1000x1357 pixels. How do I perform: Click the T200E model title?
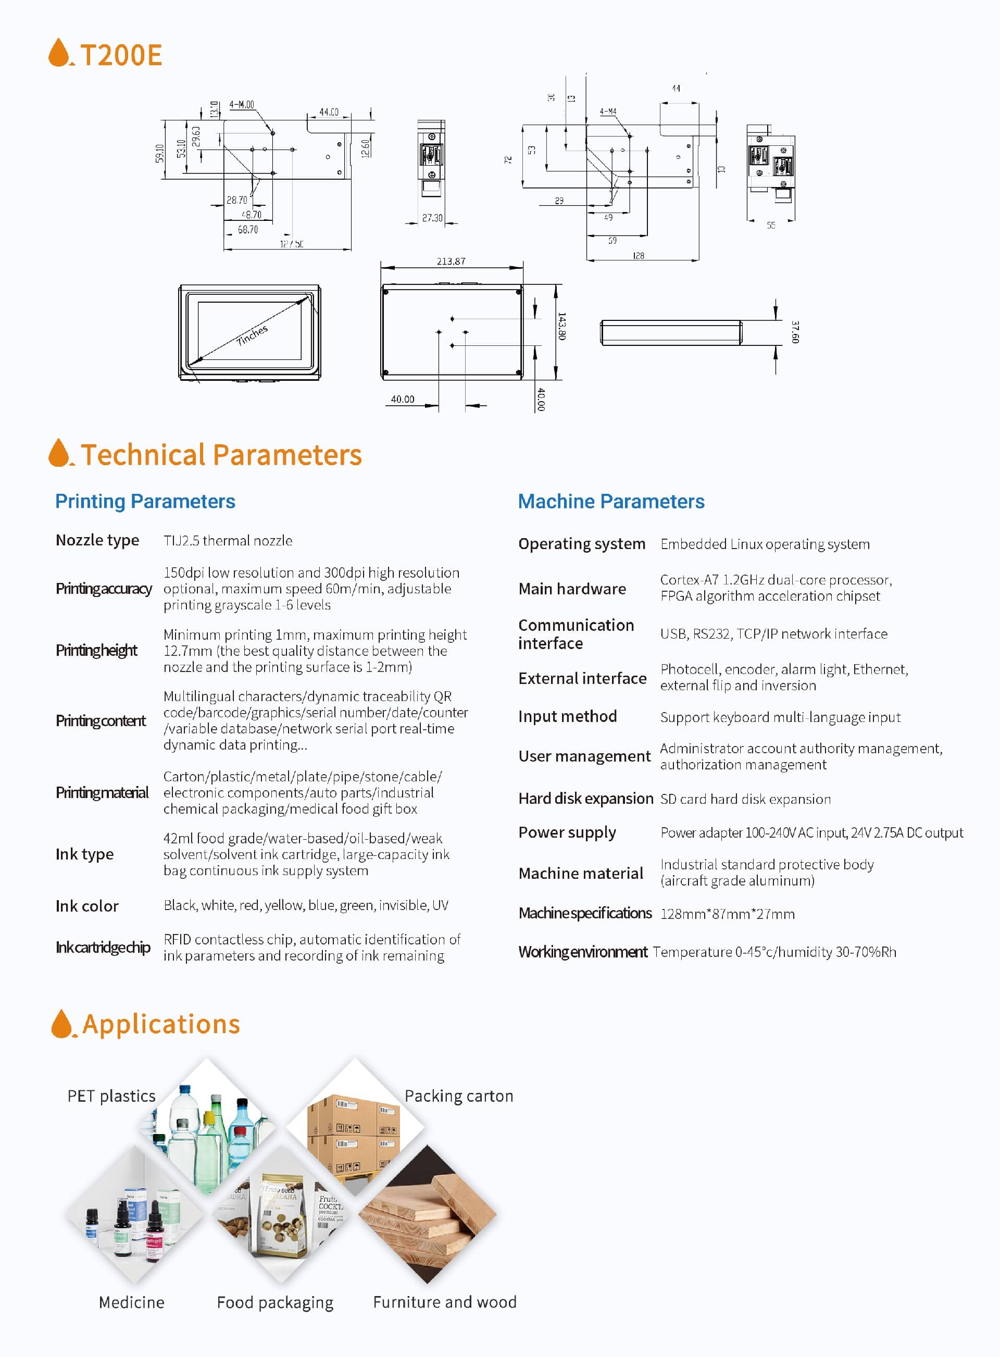(x=120, y=55)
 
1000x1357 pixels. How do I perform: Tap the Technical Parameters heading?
(x=221, y=455)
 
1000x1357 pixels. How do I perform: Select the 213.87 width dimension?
(x=451, y=261)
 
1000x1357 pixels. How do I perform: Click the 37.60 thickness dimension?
(x=795, y=332)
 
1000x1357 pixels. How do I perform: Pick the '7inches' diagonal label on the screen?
(x=252, y=335)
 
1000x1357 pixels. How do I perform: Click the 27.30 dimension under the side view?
(x=432, y=218)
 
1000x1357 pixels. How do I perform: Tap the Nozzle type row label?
(x=97, y=540)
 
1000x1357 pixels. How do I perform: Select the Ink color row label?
(x=87, y=906)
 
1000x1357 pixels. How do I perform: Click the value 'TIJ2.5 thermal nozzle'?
(x=228, y=541)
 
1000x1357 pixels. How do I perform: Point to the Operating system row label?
(x=582, y=543)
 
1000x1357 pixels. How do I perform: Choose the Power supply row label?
(x=567, y=832)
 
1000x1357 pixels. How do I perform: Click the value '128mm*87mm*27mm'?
(x=728, y=914)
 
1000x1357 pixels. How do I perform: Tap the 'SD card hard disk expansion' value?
(x=746, y=799)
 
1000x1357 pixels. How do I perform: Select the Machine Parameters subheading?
(x=611, y=501)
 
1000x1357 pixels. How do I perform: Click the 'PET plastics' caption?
(x=111, y=1096)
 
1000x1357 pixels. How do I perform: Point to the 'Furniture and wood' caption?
(x=445, y=1302)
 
